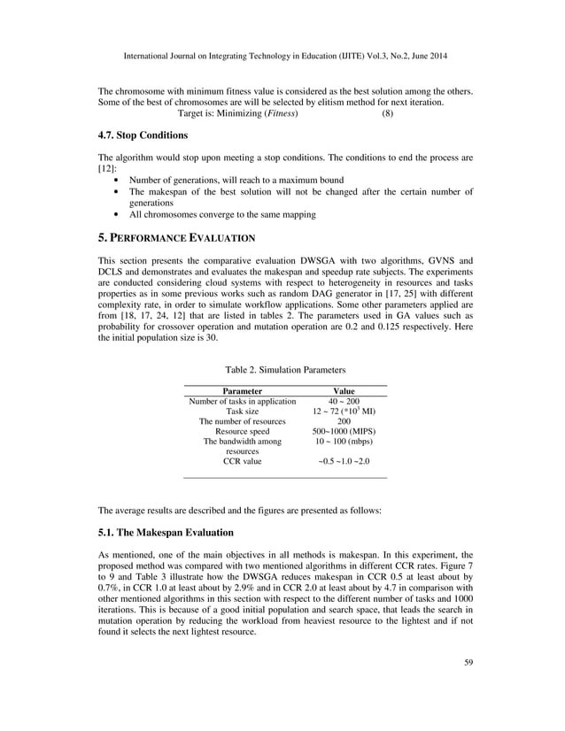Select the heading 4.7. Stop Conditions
(x=143, y=135)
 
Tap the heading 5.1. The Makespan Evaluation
(x=165, y=533)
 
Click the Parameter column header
(x=242, y=390)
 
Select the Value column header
(x=343, y=390)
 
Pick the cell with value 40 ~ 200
(x=344, y=401)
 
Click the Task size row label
(x=242, y=412)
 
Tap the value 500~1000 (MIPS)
(x=344, y=431)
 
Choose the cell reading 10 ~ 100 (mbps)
(x=344, y=442)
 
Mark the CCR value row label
(x=242, y=461)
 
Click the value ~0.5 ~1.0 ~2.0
(x=344, y=461)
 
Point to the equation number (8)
(x=387, y=114)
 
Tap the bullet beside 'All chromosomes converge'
(x=119, y=214)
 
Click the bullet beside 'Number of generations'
(x=119, y=180)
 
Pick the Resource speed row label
(x=242, y=431)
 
